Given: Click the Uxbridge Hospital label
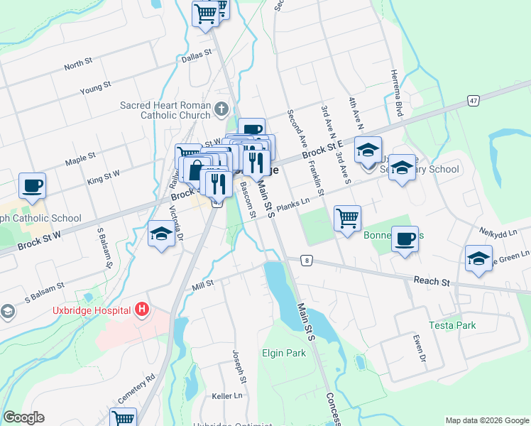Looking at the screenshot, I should click(90, 310).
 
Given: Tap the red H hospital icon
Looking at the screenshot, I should click(142, 310).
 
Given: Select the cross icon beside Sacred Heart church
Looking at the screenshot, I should click(221, 109).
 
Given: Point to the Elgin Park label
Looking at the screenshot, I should click(283, 352).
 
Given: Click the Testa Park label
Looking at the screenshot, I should click(451, 325).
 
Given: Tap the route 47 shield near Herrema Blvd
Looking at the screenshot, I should click(473, 101).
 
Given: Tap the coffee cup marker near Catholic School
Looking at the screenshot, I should click(33, 186).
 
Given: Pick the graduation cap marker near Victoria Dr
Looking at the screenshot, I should click(161, 234).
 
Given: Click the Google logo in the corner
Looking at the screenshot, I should click(23, 417).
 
